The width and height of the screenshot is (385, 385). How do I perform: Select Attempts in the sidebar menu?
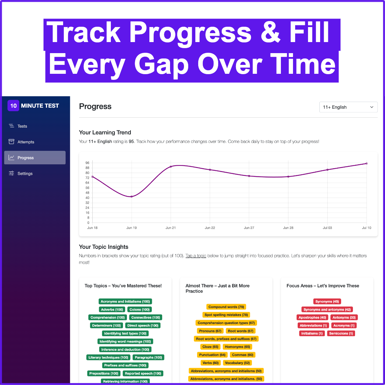click(x=21, y=142)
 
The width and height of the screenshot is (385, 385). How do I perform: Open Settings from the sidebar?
click(x=21, y=173)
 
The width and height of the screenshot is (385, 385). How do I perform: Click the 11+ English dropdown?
click(x=348, y=107)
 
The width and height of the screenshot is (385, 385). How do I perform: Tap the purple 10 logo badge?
click(x=13, y=106)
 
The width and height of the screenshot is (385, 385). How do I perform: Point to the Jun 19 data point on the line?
click(x=132, y=196)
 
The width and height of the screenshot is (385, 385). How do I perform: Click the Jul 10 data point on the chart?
click(x=366, y=163)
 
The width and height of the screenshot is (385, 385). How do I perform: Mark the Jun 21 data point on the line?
click(x=171, y=167)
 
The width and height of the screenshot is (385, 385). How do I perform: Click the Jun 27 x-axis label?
click(x=249, y=228)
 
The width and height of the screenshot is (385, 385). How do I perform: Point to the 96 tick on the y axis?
click(x=87, y=163)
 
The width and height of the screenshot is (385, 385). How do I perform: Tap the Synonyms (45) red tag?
click(x=327, y=302)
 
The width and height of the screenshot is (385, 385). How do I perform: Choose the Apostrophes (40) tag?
click(x=312, y=318)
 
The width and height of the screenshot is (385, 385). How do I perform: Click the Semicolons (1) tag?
click(x=341, y=333)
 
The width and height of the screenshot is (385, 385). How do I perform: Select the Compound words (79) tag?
click(x=226, y=307)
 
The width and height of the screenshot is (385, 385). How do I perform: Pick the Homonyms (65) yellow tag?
click(x=237, y=347)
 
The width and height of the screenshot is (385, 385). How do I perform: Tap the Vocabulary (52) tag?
click(x=237, y=363)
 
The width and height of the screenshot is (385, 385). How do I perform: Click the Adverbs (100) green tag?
click(x=112, y=310)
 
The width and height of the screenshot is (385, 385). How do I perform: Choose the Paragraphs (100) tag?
click(x=148, y=358)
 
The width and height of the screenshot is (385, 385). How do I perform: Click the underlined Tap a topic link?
click(x=196, y=256)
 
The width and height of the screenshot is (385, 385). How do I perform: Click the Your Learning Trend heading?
click(x=105, y=132)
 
